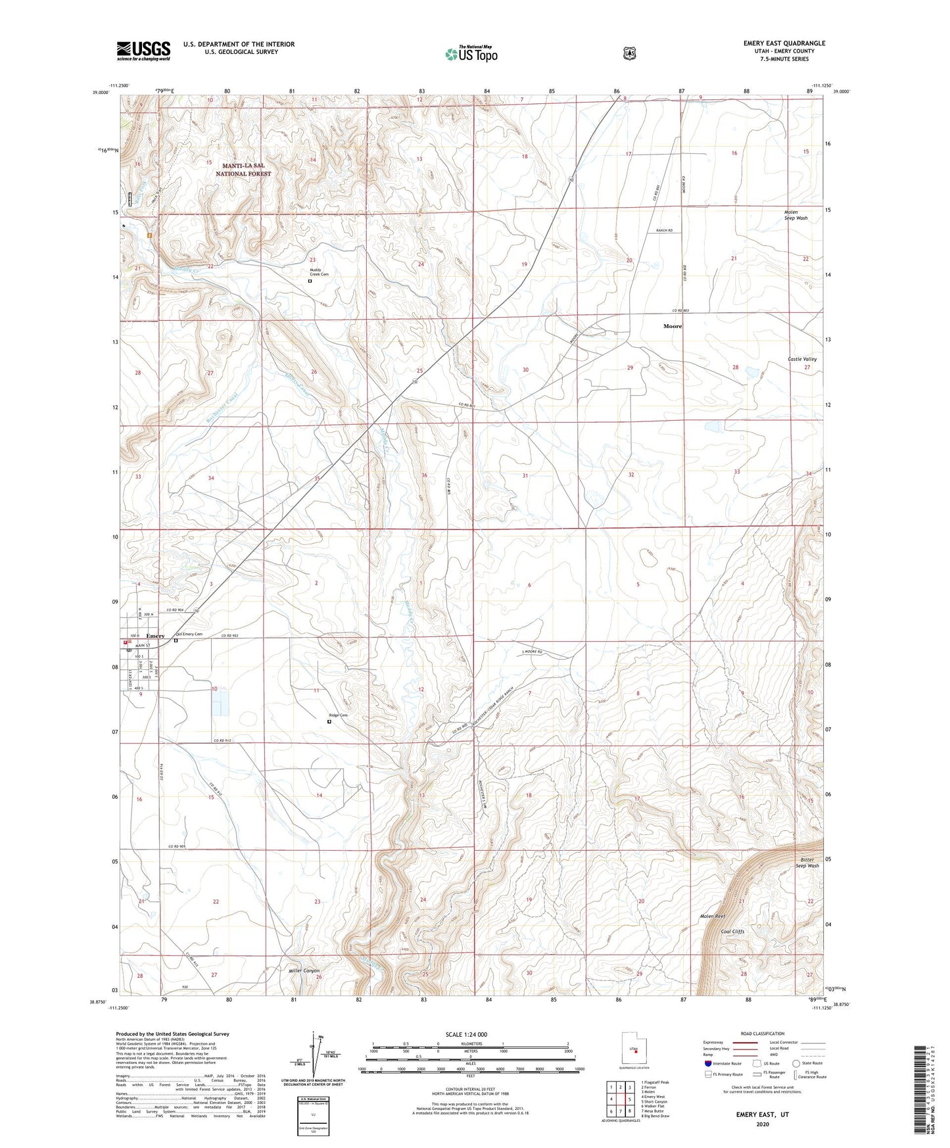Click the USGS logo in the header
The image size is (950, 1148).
(x=143, y=51)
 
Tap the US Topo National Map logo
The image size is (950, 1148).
(x=471, y=54)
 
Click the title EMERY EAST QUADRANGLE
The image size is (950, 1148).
(x=784, y=43)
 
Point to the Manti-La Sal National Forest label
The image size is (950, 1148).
(x=243, y=170)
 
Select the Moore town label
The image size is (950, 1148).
(x=673, y=326)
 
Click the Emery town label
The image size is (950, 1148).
(x=155, y=636)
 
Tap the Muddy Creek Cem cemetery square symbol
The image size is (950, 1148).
(x=310, y=281)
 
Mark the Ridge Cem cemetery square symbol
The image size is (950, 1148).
(x=329, y=721)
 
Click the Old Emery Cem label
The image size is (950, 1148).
(x=189, y=634)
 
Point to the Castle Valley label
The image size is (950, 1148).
(x=802, y=359)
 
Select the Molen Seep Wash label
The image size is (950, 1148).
(x=796, y=215)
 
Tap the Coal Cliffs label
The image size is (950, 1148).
(x=734, y=932)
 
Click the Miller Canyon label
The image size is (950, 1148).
(x=304, y=970)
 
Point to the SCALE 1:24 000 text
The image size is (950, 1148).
(x=466, y=1034)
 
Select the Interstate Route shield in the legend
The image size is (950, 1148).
(x=707, y=1063)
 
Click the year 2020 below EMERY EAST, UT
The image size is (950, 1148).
(x=762, y=1124)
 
